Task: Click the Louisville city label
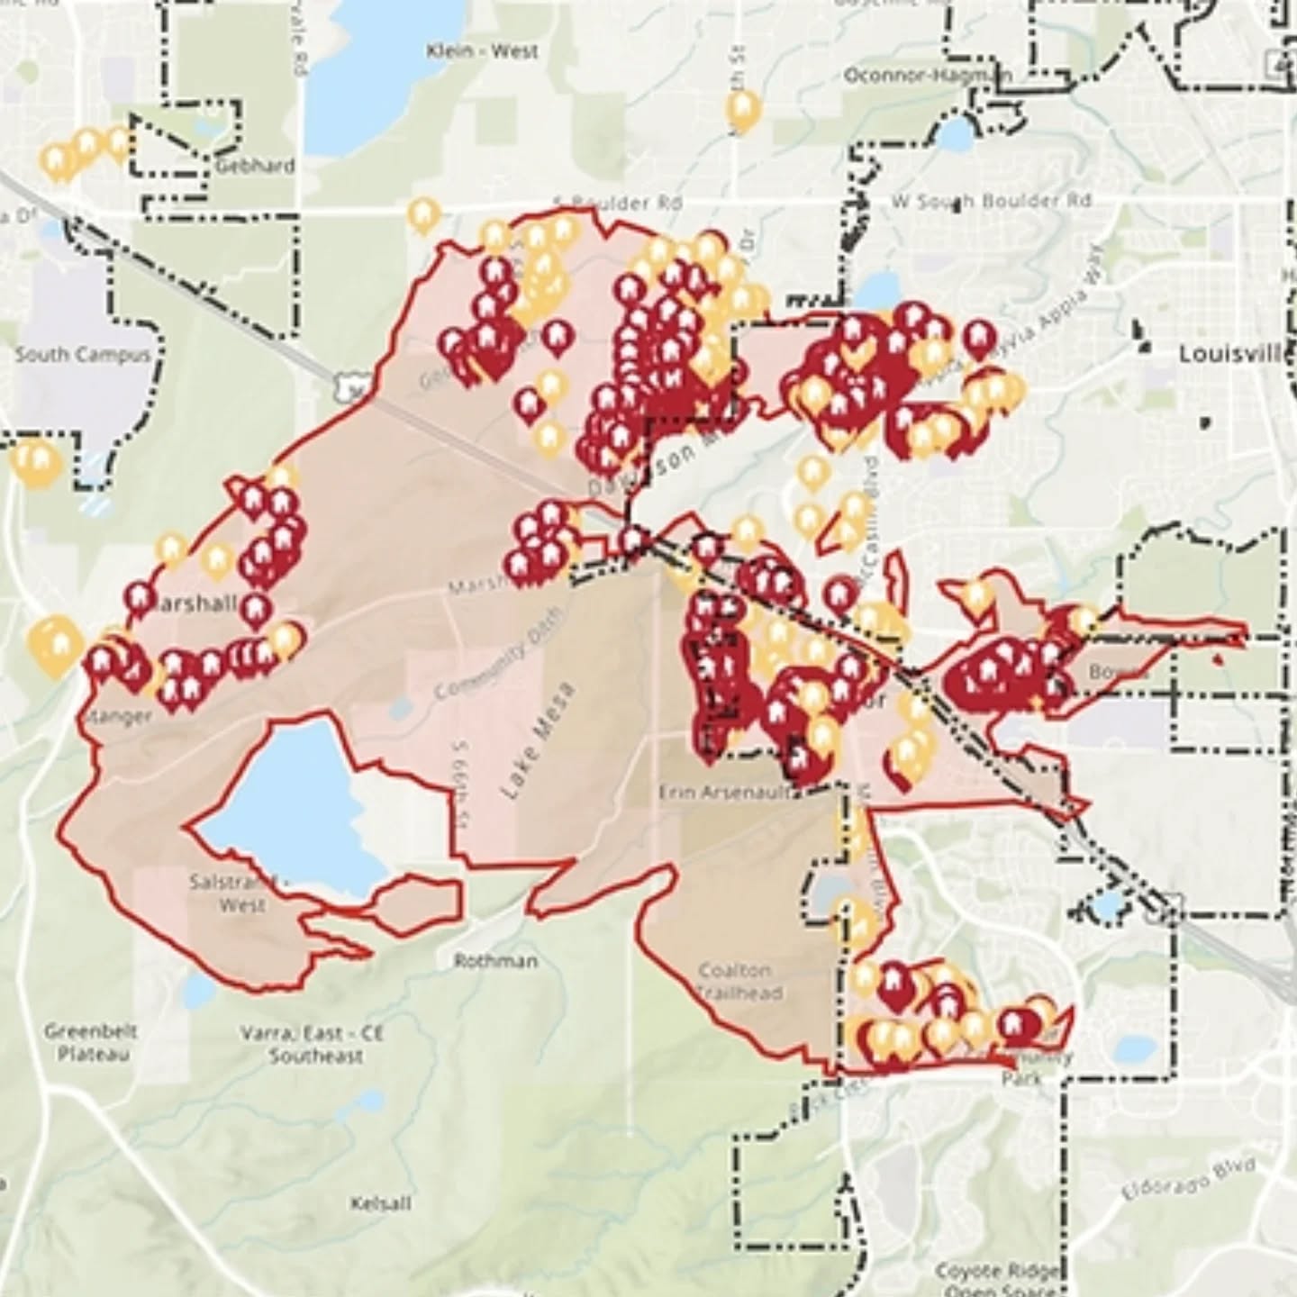tap(1236, 354)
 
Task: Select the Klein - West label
tap(482, 51)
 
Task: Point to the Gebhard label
tap(255, 166)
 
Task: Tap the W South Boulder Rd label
tap(991, 200)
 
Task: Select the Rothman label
tap(495, 961)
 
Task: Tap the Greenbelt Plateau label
tap(89, 1042)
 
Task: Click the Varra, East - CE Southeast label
tap(313, 1043)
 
